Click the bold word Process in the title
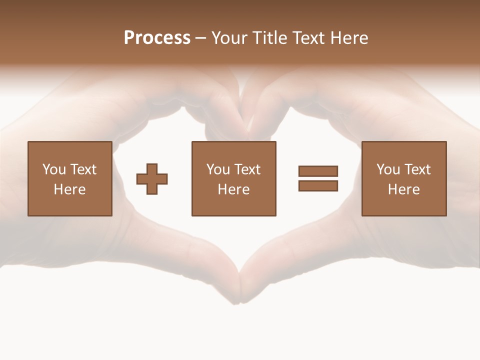pos(157,38)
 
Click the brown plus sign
pos(152,179)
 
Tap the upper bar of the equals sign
pos(318,171)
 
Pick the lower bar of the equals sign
pos(318,186)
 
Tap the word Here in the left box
pos(70,189)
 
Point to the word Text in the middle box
pos(247,169)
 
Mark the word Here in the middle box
pos(234,189)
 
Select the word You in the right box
pos(388,169)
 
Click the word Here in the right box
pos(404,189)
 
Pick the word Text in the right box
pos(417,169)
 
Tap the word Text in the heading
pos(307,38)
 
